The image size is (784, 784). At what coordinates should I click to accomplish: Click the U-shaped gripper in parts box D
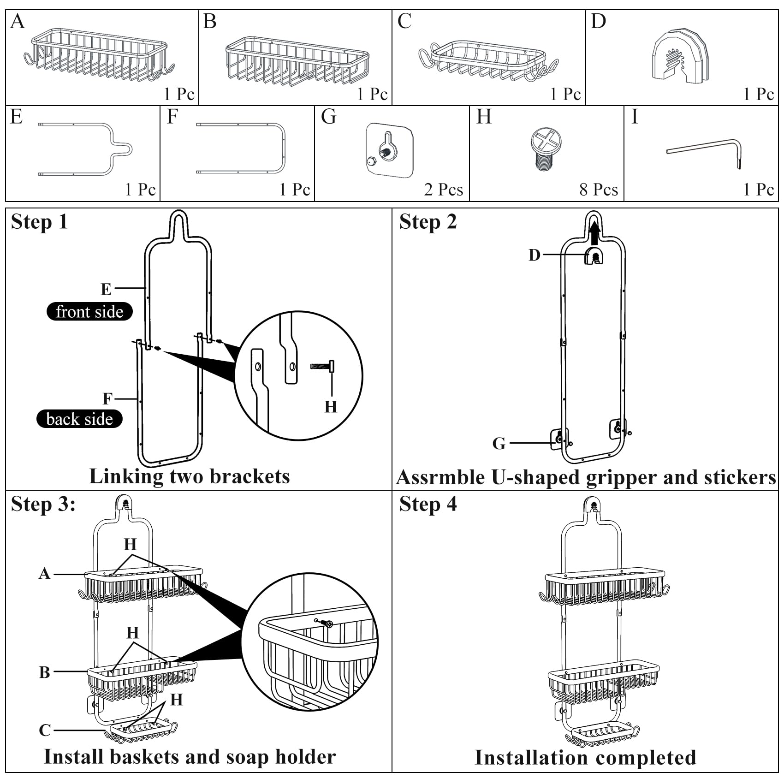pos(680,56)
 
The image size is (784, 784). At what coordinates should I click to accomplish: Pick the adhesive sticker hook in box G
pos(390,150)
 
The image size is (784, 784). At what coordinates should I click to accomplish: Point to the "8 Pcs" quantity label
pos(599,190)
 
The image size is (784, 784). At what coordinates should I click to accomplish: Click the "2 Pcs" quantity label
pos(444,190)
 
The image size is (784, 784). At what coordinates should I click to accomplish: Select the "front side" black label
pos(89,311)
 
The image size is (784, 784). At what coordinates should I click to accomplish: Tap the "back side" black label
pos(79,419)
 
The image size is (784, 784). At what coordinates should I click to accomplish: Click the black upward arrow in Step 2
pos(594,233)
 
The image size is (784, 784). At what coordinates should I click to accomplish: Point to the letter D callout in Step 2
pos(535,255)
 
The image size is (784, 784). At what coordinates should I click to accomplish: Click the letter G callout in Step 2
pos(499,444)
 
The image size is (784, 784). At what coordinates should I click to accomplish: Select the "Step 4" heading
pos(428,504)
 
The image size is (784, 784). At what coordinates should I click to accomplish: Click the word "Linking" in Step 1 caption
pos(126,477)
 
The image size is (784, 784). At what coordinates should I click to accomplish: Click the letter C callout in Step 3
pos(45,730)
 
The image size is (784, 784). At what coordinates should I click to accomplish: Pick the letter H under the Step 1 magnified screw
pos(331,407)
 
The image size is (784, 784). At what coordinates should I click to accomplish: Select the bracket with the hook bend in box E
pos(85,149)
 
